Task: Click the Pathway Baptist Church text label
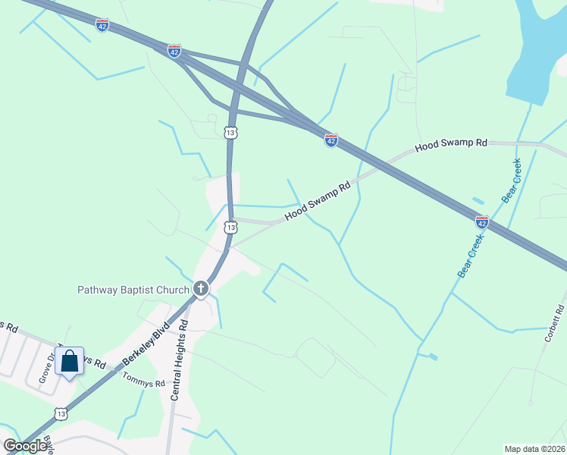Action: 133,289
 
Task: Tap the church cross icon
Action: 201,288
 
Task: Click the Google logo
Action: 26,446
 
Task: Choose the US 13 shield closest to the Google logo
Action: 61,413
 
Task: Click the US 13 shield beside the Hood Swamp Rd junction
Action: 230,227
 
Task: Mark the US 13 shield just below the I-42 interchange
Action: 230,133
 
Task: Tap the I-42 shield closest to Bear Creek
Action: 482,222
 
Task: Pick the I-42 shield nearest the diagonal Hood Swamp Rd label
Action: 330,140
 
